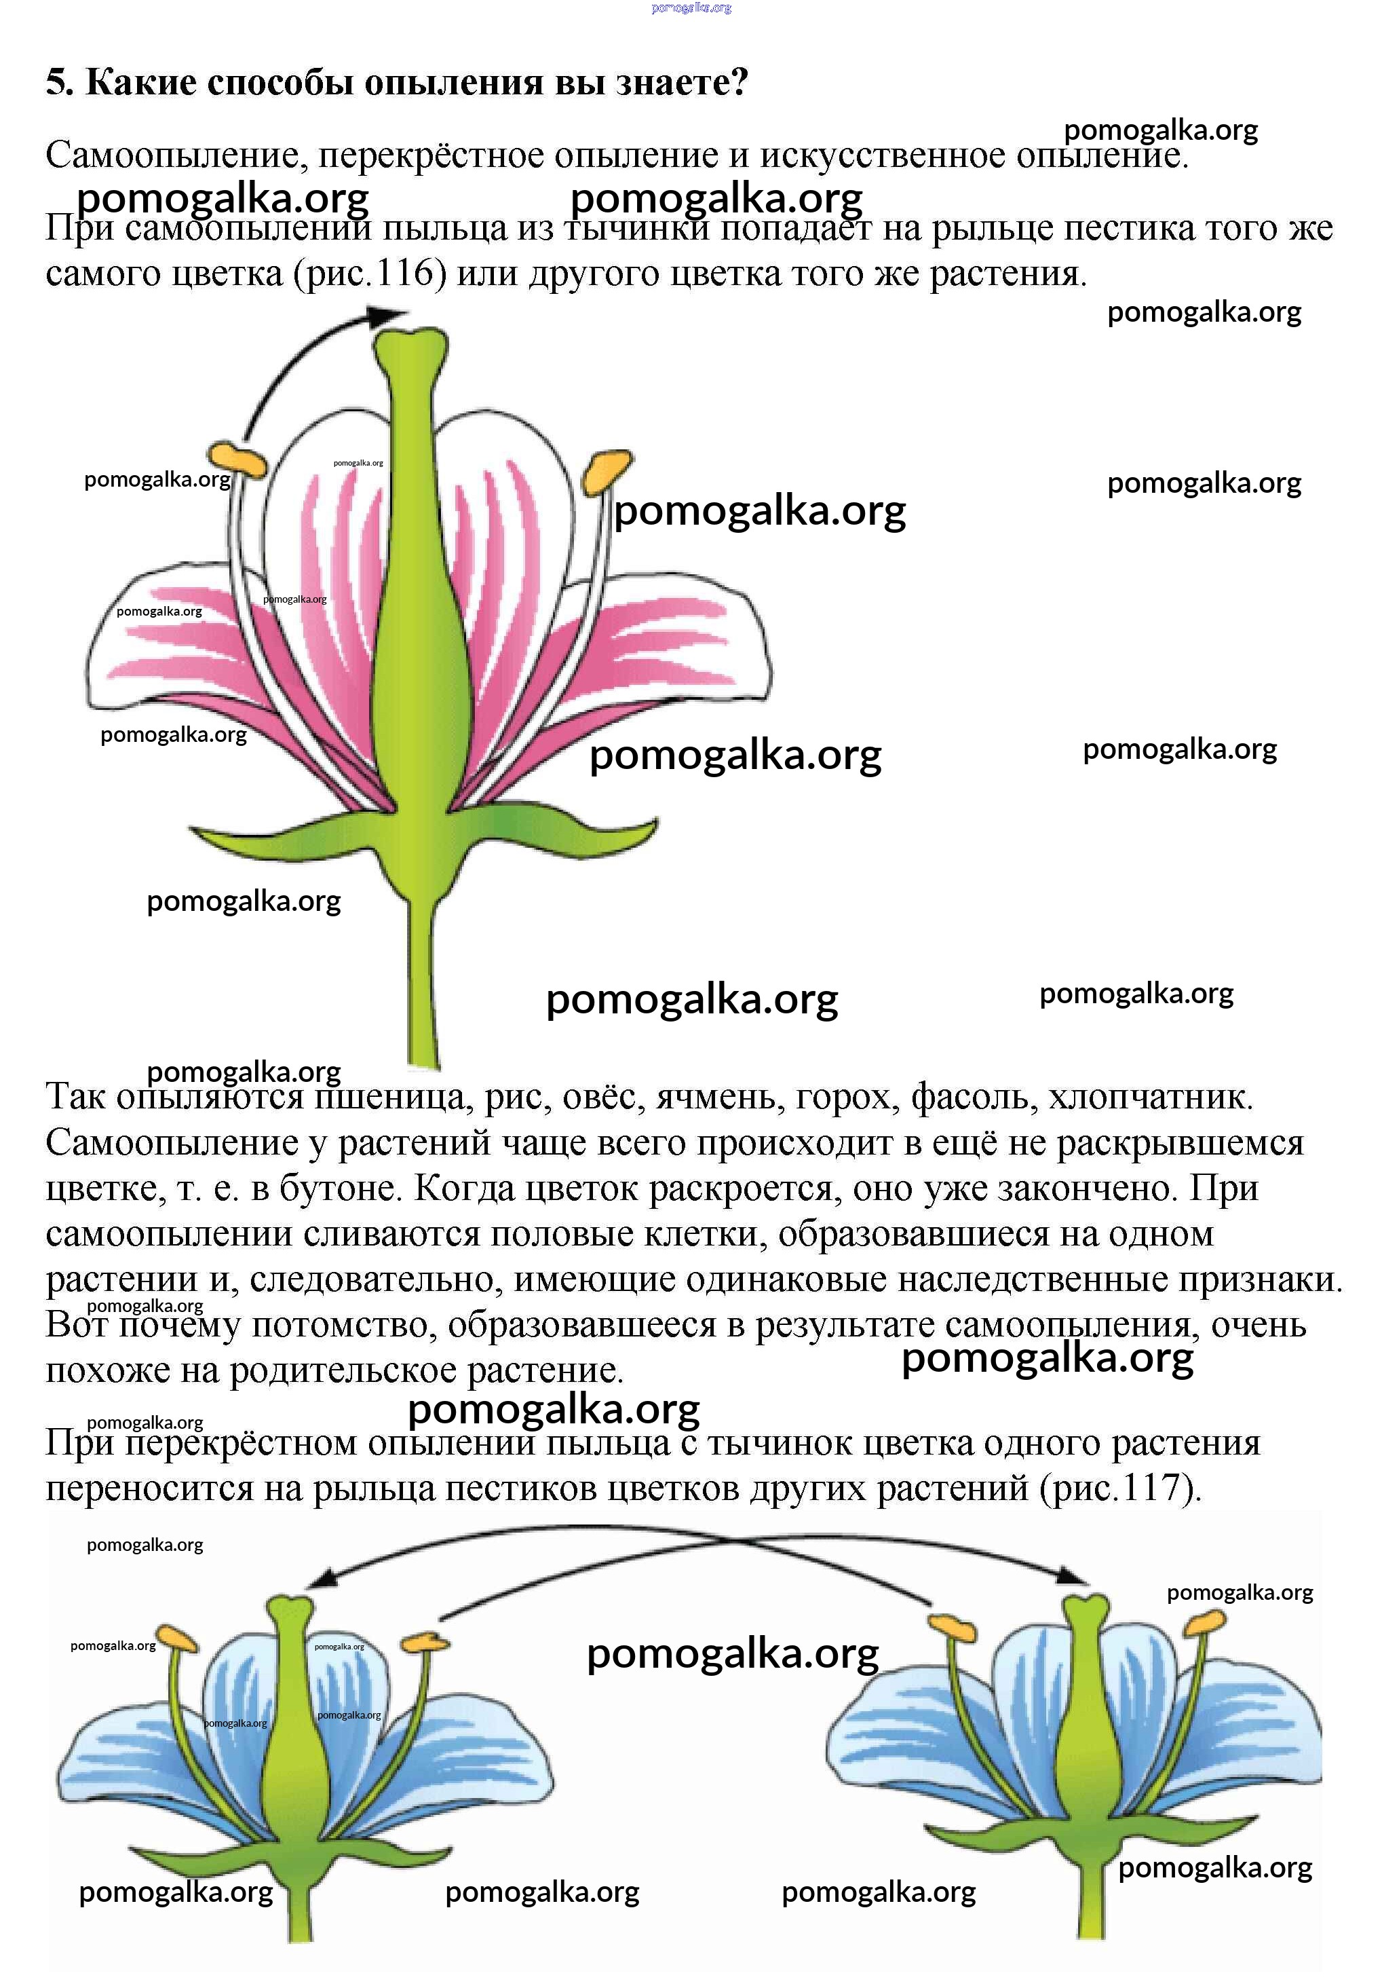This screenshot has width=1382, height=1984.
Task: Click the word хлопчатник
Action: tap(1151, 1098)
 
